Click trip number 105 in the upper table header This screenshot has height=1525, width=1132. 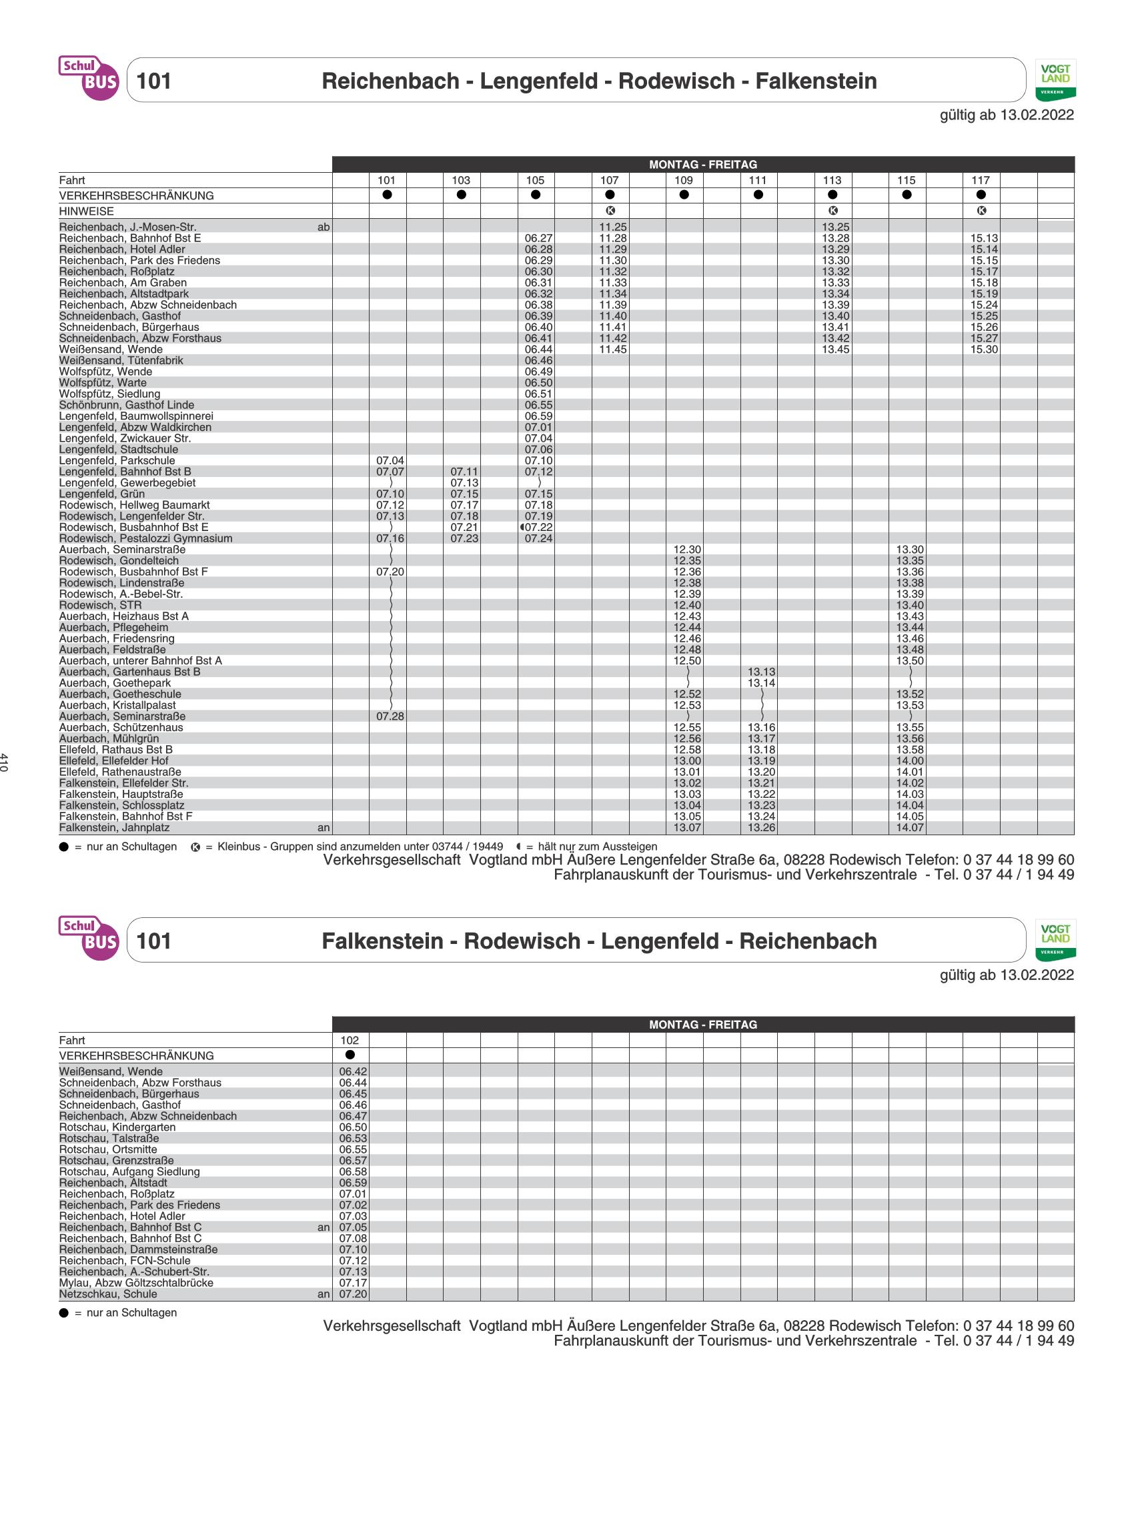[x=535, y=180]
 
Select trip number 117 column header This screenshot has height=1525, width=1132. [x=981, y=180]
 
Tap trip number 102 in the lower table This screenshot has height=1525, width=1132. [x=350, y=1040]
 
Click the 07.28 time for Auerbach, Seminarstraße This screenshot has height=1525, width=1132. [x=390, y=716]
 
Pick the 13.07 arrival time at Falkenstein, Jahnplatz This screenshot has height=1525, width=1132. [x=687, y=828]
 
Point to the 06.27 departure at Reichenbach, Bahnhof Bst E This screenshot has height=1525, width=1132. [x=538, y=238]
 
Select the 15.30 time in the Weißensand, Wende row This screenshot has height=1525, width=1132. [x=984, y=350]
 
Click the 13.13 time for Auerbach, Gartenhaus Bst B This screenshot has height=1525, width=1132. [x=761, y=672]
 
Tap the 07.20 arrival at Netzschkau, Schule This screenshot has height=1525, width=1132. [x=353, y=1294]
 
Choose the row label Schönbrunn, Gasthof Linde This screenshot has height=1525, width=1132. [x=127, y=405]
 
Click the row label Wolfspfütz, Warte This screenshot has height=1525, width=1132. [x=103, y=383]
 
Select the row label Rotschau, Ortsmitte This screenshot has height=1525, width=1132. [x=108, y=1149]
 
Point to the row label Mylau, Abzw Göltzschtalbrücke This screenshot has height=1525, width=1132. [x=136, y=1282]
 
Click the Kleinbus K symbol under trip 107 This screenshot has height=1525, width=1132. [x=610, y=211]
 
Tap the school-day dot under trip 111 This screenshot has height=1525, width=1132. [x=758, y=195]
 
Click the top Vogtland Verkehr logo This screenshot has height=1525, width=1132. [x=1055, y=80]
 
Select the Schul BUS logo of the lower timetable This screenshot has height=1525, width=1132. [x=89, y=938]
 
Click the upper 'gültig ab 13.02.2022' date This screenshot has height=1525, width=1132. [x=1007, y=115]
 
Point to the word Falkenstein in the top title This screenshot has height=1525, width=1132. [x=815, y=81]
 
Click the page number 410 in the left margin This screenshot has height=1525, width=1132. [x=5, y=762]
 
